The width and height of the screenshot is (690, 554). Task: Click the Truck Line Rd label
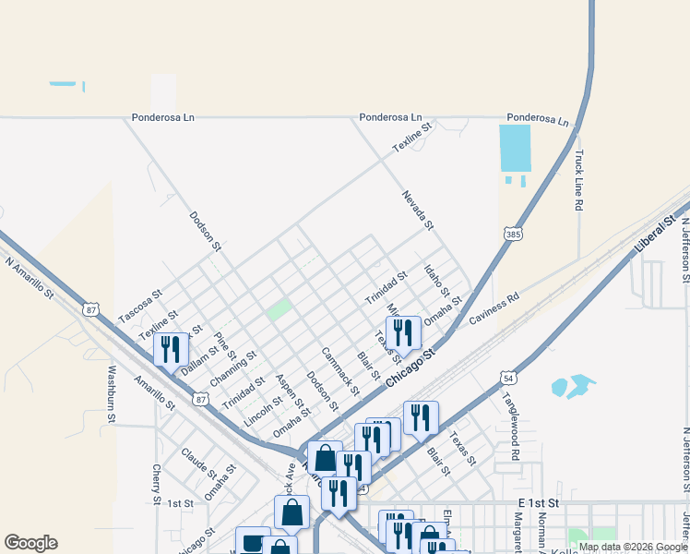[x=579, y=181]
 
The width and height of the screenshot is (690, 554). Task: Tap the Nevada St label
[x=417, y=210]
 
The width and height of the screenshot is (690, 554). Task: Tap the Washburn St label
[x=111, y=395]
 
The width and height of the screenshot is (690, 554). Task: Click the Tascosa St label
[x=140, y=306]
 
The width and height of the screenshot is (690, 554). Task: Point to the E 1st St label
[x=539, y=501]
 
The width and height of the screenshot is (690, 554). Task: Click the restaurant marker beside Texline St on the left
[x=170, y=348]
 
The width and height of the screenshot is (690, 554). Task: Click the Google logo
[x=30, y=543]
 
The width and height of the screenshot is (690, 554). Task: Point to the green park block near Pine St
[x=279, y=309]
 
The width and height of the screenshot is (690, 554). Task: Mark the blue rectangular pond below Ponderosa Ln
[x=516, y=148]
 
